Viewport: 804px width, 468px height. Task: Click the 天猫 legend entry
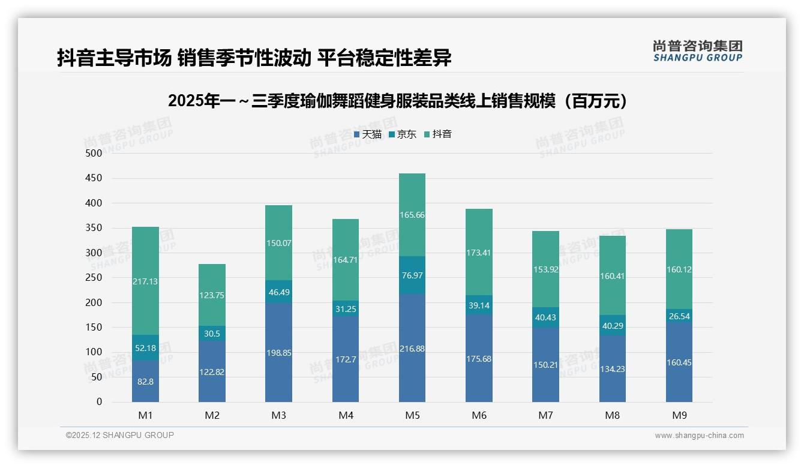pyautogui.click(x=367, y=134)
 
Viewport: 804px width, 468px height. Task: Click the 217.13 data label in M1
pyautogui.click(x=145, y=281)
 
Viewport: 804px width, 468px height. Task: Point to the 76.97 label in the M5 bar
pyautogui.click(x=412, y=275)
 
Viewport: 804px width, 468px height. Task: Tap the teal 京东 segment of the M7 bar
pyautogui.click(x=545, y=317)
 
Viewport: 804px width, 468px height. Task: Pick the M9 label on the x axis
pyautogui.click(x=679, y=415)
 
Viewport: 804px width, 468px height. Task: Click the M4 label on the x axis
pyautogui.click(x=346, y=415)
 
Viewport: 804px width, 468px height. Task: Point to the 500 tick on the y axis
pyautogui.click(x=94, y=154)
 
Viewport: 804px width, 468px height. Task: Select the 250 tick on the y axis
pyautogui.click(x=94, y=278)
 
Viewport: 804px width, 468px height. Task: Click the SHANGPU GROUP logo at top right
pyautogui.click(x=697, y=51)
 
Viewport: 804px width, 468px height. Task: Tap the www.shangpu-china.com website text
pyautogui.click(x=699, y=436)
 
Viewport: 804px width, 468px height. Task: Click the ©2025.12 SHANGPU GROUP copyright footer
pyautogui.click(x=120, y=436)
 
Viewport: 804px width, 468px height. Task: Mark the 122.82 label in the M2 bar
pyautogui.click(x=212, y=372)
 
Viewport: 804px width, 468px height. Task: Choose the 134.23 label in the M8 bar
pyautogui.click(x=612, y=369)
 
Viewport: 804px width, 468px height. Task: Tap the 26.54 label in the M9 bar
pyautogui.click(x=679, y=316)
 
